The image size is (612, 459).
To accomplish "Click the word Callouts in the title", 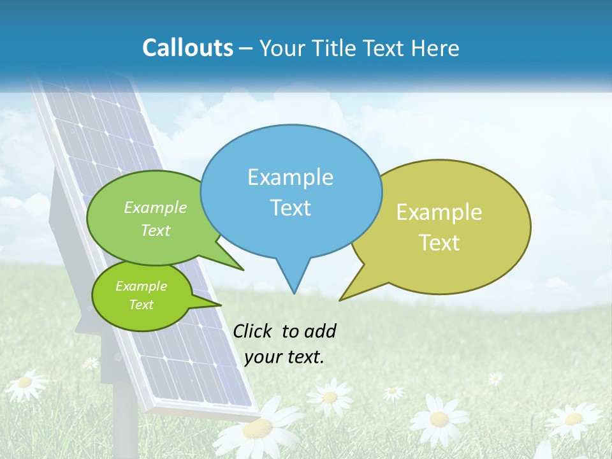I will point(187,48).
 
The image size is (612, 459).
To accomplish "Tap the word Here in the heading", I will point(435,48).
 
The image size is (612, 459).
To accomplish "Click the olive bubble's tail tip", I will point(340,300).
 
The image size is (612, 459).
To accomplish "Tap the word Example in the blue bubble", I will point(290,177).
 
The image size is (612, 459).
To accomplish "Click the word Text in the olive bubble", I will point(439,243).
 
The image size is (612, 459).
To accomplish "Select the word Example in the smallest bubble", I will point(141,286).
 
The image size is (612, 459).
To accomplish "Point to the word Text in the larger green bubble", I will point(156,230).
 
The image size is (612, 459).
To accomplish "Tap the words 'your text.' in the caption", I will point(284,357).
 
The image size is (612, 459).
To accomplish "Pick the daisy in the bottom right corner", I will point(574,419).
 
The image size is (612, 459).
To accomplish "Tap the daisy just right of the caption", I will point(329,397).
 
